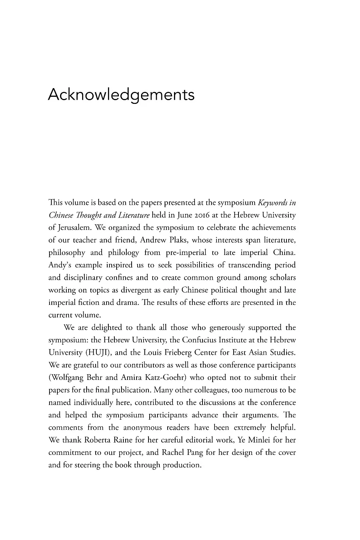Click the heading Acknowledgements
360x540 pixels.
(121, 95)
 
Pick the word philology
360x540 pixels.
(123, 252)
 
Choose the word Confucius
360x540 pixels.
(198, 340)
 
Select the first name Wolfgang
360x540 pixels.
(65, 378)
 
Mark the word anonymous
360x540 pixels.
(143, 427)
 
